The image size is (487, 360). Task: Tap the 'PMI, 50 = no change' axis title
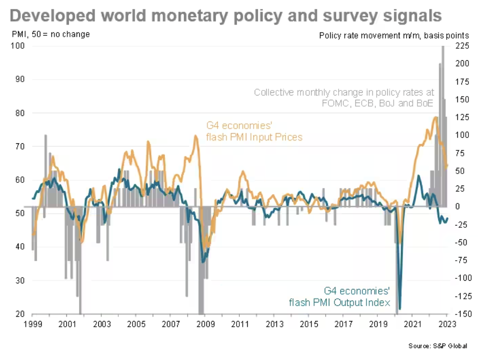pyautogui.click(x=51, y=34)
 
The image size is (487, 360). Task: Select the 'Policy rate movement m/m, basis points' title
pyautogui.click(x=394, y=35)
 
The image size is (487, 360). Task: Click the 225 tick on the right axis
pyautogui.click(x=464, y=45)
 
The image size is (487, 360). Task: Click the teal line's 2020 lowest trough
pyautogui.click(x=400, y=309)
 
